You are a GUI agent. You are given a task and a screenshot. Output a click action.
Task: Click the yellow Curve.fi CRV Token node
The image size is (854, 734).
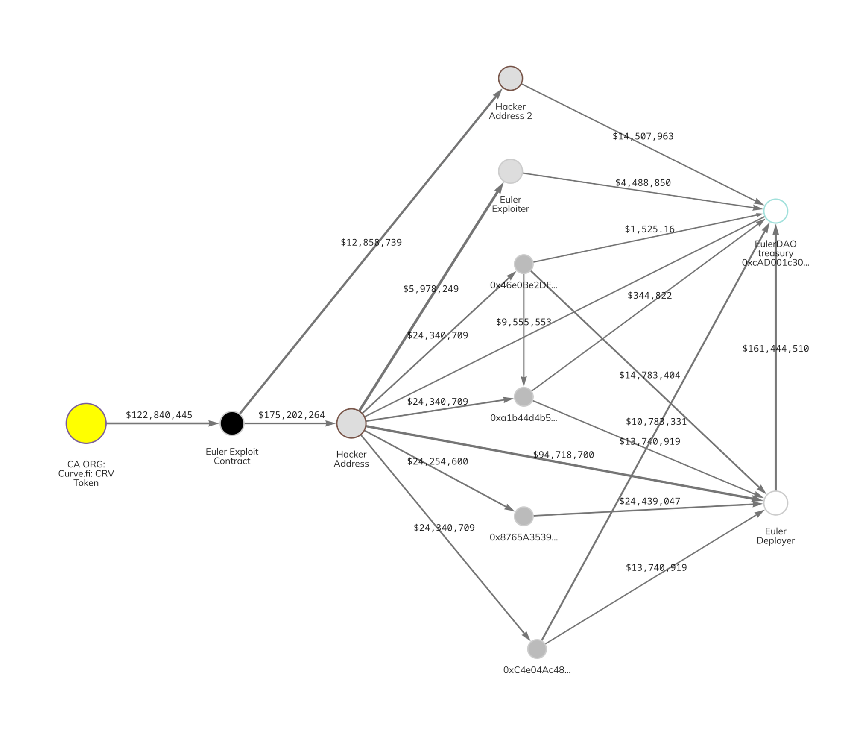tap(86, 423)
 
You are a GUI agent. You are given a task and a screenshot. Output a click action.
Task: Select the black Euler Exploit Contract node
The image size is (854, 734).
tap(232, 423)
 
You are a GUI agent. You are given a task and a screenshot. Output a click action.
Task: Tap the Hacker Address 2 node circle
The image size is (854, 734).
tap(510, 78)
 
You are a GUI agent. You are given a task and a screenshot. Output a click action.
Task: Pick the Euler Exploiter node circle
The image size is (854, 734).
tap(510, 171)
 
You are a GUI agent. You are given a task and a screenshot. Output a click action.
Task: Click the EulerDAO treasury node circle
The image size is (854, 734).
tap(775, 211)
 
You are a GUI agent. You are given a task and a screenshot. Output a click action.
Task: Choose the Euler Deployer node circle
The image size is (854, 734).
tap(775, 503)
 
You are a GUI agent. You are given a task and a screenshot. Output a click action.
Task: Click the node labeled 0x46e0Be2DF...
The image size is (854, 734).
tap(524, 264)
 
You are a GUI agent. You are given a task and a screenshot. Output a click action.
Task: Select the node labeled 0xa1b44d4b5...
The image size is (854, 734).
tap(524, 396)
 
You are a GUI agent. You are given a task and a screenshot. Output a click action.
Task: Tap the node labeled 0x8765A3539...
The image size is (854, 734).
tap(524, 516)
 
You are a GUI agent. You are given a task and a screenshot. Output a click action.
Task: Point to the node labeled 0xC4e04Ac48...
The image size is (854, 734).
tap(537, 649)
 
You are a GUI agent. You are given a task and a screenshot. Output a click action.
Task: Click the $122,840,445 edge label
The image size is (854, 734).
tap(159, 415)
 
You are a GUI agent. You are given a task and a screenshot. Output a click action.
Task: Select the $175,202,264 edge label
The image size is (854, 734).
tap(291, 415)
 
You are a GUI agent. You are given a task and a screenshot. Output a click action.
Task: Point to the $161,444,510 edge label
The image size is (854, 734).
tap(775, 349)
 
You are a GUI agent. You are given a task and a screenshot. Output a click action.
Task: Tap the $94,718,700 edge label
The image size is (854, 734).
tap(563, 455)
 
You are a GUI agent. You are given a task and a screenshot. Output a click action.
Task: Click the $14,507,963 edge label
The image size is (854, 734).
tap(643, 136)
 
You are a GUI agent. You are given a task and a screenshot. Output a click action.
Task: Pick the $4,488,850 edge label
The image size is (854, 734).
tap(643, 183)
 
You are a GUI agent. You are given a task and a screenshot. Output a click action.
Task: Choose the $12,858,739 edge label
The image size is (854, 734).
tap(371, 242)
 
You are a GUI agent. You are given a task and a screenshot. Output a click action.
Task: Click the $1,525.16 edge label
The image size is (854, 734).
tap(649, 229)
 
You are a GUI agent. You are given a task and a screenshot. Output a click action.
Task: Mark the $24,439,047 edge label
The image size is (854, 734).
tap(649, 501)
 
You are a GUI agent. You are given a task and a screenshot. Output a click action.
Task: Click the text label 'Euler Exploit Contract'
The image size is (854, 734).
tap(232, 456)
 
